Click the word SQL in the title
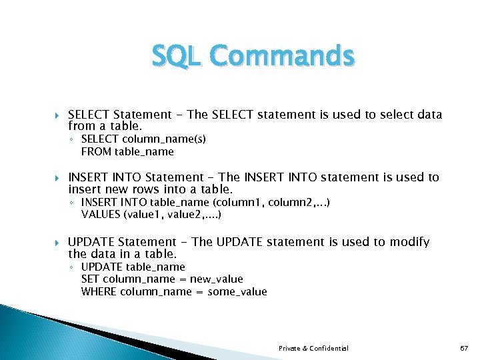172,56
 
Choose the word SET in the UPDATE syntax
90,279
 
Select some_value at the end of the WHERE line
237,292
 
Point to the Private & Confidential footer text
313,349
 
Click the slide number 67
465,349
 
